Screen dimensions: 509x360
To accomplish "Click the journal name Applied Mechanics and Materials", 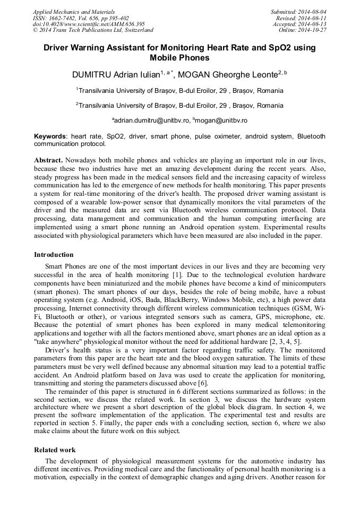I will (x=74, y=12).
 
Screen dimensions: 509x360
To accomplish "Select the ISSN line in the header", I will (x=81, y=18).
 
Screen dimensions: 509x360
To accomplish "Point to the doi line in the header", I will (x=89, y=24).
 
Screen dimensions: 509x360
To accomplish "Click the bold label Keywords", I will (x=50, y=136).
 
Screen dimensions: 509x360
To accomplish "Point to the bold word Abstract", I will (x=49, y=160).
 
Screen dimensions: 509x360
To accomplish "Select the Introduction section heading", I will (x=54, y=255).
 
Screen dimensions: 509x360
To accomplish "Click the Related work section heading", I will (x=55, y=450).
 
